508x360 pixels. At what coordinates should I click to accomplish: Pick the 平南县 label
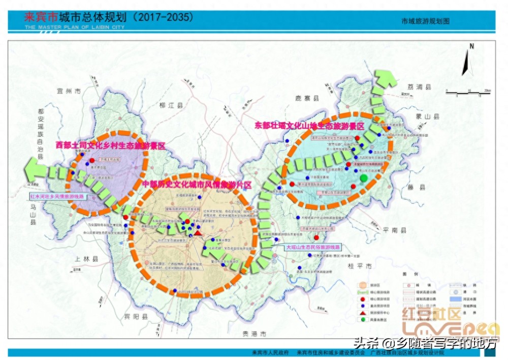coord(395,230)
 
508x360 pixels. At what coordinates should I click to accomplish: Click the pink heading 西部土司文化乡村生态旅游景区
coord(111,145)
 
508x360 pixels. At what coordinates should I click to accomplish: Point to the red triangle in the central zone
coord(198,232)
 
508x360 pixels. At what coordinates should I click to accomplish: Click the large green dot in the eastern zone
coord(364,178)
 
